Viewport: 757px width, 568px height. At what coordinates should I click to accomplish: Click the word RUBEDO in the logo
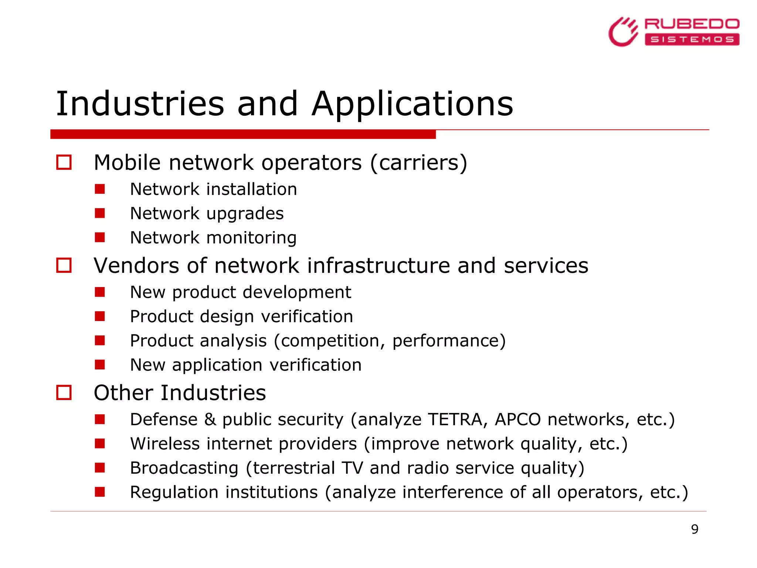pyautogui.click(x=692, y=24)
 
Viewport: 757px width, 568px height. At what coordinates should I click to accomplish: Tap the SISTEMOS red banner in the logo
pyautogui.click(x=692, y=39)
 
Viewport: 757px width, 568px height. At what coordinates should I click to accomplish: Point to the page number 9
pyautogui.click(x=695, y=529)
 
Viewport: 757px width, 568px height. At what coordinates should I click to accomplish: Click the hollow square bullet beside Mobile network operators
pyautogui.click(x=64, y=162)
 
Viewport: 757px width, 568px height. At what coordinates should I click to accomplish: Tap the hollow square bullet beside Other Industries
pyautogui.click(x=64, y=392)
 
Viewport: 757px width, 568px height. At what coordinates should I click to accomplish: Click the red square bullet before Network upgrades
pyautogui.click(x=100, y=213)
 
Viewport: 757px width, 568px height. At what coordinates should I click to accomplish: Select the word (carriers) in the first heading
pyautogui.click(x=418, y=163)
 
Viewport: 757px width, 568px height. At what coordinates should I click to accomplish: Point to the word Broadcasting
pyautogui.click(x=184, y=468)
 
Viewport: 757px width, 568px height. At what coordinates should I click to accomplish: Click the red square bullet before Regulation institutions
pyautogui.click(x=100, y=492)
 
